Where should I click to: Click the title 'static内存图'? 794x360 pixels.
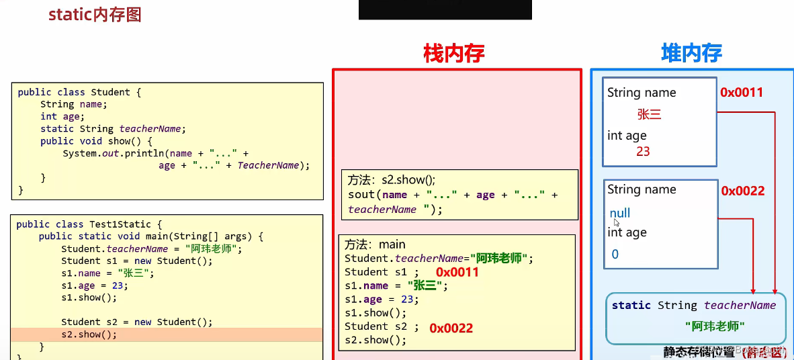(95, 15)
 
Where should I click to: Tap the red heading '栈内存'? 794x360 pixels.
(453, 54)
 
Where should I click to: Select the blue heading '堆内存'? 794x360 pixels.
(691, 54)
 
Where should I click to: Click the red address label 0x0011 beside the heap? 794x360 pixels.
(742, 93)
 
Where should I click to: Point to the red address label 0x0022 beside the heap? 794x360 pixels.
(743, 191)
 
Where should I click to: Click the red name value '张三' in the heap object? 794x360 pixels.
(650, 115)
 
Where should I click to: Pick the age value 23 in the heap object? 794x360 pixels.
(643, 152)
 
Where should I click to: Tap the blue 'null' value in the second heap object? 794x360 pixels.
(620, 213)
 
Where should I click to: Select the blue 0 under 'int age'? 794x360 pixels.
(615, 255)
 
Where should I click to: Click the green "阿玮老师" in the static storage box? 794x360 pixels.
(715, 326)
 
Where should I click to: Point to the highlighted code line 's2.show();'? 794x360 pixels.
(89, 334)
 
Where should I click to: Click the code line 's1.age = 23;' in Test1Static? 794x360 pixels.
(93, 285)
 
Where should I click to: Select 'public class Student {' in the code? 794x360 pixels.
(79, 93)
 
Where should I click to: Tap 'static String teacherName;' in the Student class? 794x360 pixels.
(112, 129)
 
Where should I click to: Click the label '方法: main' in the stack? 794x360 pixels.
(375, 244)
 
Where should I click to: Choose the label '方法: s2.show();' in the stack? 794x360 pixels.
(392, 180)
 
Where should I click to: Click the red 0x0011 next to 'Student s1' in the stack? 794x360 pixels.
(457, 272)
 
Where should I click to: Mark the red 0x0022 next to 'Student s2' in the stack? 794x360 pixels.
(451, 328)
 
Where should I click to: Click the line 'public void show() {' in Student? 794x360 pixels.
(96, 141)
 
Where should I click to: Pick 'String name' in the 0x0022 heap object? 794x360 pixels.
(642, 189)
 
